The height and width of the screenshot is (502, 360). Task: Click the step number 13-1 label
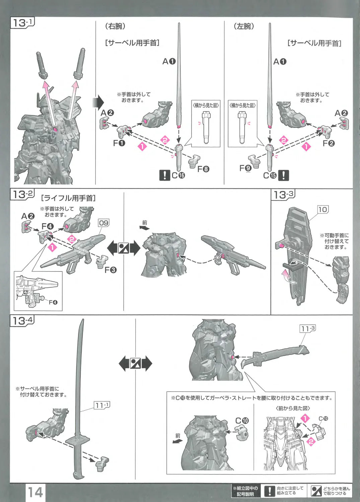tap(22, 23)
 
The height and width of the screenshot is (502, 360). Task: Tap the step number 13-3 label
tap(283, 195)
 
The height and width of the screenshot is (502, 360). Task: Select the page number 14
tap(35, 492)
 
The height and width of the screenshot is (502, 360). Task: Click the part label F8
tap(203, 169)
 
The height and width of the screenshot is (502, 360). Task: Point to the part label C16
tap(178, 175)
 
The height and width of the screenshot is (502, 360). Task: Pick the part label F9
tap(245, 168)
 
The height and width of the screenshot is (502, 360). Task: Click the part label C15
tap(270, 175)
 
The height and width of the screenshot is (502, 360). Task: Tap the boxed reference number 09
tap(103, 223)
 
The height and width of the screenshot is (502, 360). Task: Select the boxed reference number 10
tap(322, 210)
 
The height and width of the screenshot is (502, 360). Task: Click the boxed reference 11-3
tap(307, 329)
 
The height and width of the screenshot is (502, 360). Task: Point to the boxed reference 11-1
tap(102, 405)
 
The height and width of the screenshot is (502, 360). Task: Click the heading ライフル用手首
tap(68, 198)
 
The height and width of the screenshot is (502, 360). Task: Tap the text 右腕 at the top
tap(115, 26)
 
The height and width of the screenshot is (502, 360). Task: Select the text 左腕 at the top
tap(244, 26)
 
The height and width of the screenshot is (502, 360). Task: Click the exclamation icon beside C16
tap(164, 175)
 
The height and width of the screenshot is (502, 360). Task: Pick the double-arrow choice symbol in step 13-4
tap(135, 363)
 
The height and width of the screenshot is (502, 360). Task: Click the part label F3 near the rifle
tap(111, 270)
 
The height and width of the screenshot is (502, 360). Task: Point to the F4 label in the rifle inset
tap(53, 302)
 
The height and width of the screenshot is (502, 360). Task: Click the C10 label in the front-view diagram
tap(323, 419)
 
